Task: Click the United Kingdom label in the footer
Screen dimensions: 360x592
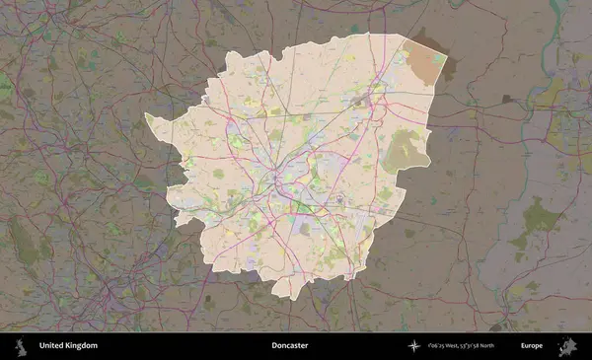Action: [x=68, y=346]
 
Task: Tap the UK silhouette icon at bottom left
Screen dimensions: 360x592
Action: [x=19, y=346]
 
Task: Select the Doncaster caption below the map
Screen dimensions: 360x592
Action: [x=291, y=346]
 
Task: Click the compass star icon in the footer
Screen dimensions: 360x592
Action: [x=413, y=346]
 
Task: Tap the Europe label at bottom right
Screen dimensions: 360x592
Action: [x=532, y=346]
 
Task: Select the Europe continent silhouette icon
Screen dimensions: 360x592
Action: [x=567, y=346]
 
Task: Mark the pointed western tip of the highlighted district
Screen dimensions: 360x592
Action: [x=146, y=115]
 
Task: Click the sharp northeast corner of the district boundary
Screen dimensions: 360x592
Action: [x=447, y=52]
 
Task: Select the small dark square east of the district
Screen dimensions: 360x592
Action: [x=506, y=99]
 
